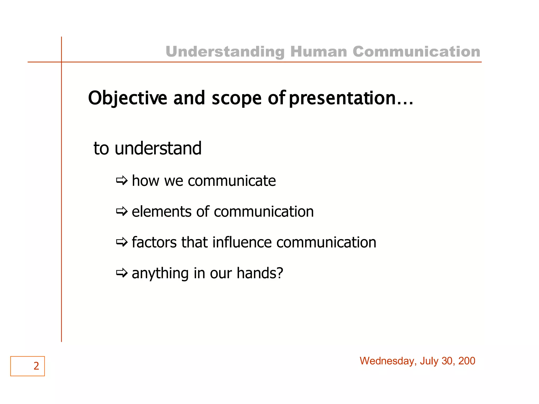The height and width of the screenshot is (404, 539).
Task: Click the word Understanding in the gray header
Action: click(x=225, y=52)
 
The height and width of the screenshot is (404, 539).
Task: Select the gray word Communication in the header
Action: click(x=416, y=51)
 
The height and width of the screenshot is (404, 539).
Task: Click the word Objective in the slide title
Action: click(x=127, y=98)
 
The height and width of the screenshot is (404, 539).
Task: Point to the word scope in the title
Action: click(x=236, y=98)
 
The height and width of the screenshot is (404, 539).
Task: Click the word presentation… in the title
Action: click(x=351, y=98)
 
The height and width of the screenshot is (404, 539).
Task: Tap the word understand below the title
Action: click(x=158, y=148)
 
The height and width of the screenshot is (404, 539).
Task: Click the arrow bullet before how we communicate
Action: click(x=122, y=181)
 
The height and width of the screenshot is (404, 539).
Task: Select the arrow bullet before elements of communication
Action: click(x=122, y=211)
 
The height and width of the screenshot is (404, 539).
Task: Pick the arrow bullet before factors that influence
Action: click(x=122, y=242)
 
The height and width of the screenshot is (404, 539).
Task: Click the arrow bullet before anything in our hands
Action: click(x=122, y=273)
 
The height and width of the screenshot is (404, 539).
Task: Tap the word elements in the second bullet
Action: click(x=161, y=211)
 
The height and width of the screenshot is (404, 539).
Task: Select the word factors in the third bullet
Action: click(x=154, y=242)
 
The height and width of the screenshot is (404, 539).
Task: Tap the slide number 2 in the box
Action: click(x=36, y=366)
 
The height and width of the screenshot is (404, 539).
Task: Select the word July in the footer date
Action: click(x=429, y=361)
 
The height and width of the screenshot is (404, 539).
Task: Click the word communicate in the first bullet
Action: click(x=232, y=181)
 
